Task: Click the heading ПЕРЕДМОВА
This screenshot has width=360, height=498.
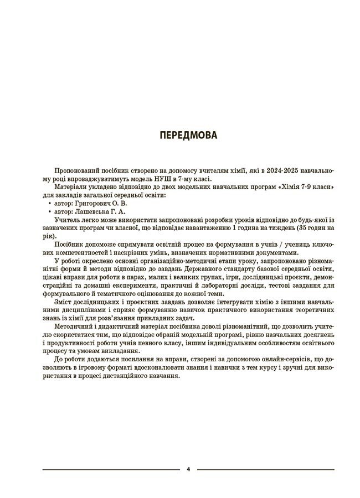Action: (188, 135)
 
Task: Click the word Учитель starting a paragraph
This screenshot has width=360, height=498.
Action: (69, 219)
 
